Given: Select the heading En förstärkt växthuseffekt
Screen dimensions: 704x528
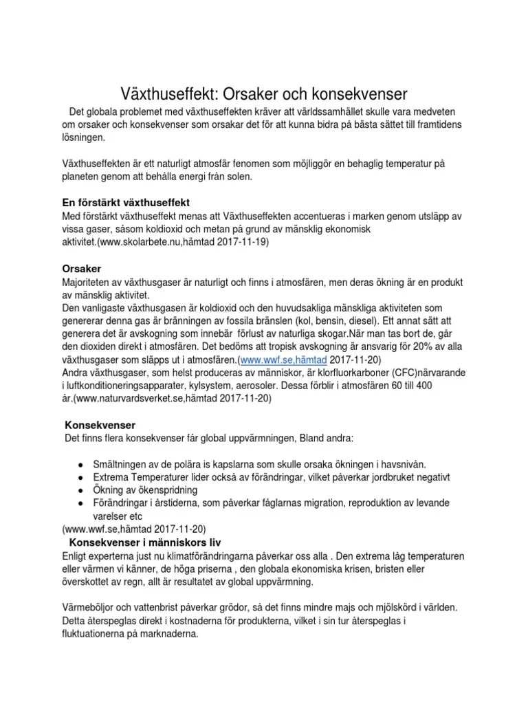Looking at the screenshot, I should [126, 204].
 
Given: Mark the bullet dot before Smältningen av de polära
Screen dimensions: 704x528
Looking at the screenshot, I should [81, 465].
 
